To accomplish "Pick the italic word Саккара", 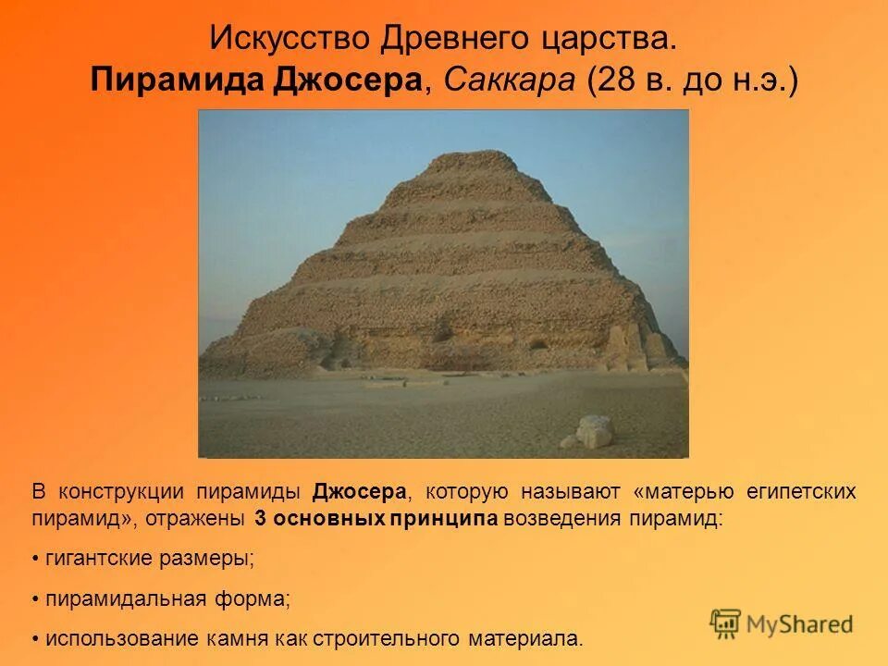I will click(x=511, y=80).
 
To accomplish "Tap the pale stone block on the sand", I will click(x=593, y=430).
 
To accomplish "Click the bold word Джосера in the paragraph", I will click(x=359, y=491).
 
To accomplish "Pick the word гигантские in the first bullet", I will click(x=100, y=559).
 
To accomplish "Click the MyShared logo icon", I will click(x=726, y=623).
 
